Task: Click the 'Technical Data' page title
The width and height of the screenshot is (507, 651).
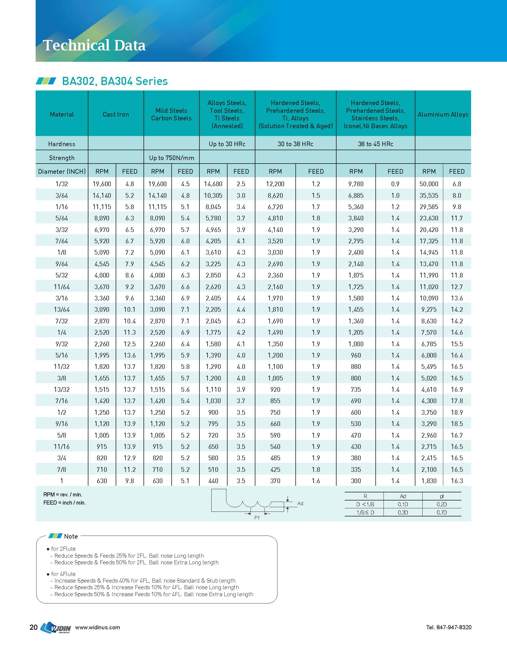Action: (94, 46)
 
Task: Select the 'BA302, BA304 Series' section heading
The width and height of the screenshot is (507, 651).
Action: (115, 81)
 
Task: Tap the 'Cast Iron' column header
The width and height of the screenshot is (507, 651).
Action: (116, 114)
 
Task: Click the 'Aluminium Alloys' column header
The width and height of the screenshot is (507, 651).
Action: (443, 114)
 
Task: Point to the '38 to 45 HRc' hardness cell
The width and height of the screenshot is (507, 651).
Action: (375, 144)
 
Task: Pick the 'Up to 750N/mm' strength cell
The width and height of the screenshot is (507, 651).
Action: (171, 158)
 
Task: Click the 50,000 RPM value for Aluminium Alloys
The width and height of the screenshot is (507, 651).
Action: (429, 184)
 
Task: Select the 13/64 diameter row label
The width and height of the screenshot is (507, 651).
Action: (62, 309)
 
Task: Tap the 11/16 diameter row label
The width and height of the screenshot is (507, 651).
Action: (62, 447)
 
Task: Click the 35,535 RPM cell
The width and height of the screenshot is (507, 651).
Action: (429, 195)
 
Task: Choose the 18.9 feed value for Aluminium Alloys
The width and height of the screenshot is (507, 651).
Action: (457, 412)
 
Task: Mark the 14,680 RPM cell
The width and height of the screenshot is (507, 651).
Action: (213, 184)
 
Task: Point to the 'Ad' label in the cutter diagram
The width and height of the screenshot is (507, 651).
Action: (300, 503)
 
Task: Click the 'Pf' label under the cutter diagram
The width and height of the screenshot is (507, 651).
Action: (257, 518)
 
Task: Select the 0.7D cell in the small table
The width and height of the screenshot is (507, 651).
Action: (441, 512)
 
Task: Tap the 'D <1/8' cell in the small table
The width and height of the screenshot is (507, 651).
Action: (365, 504)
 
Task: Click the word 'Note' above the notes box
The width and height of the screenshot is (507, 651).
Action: (71, 536)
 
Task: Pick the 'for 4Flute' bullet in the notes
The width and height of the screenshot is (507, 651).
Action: (63, 574)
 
